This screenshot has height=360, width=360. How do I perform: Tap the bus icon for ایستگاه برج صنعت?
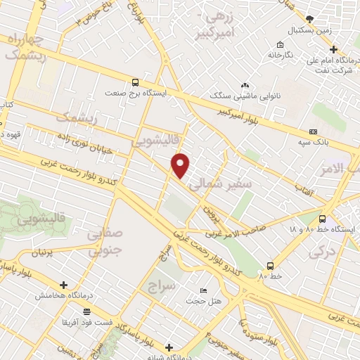136,81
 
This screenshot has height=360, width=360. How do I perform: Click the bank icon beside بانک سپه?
313,131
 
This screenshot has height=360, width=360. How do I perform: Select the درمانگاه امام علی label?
333,62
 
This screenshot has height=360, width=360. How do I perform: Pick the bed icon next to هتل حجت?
202,290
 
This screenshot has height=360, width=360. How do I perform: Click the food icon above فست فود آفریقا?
86,310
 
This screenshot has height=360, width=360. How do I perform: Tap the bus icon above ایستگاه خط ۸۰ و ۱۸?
322,219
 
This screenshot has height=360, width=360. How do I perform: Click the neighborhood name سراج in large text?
161,286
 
